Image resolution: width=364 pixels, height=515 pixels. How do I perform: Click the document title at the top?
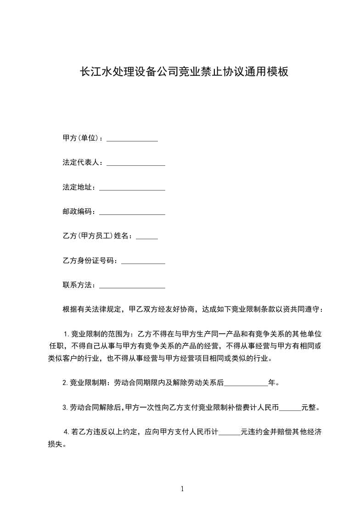(x=184, y=72)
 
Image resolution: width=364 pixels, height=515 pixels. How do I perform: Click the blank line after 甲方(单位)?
(x=132, y=139)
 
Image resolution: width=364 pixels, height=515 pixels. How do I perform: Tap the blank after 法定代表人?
(x=136, y=163)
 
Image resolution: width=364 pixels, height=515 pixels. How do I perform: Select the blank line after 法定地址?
(x=132, y=188)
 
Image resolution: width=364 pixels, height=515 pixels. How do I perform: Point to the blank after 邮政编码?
(x=132, y=212)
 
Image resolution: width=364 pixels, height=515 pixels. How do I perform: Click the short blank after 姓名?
(x=147, y=237)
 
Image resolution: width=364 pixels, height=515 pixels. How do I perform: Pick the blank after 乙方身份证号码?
(x=142, y=261)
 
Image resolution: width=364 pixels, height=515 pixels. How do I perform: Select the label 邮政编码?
(x=78, y=212)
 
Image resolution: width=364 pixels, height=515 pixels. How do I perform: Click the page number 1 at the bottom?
(x=182, y=489)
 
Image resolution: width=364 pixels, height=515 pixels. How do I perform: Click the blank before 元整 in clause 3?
(x=290, y=407)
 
